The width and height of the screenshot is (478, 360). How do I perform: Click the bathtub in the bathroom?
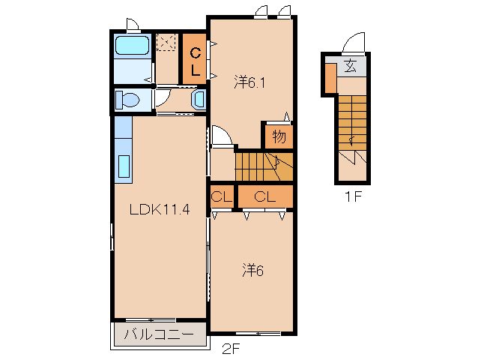133,46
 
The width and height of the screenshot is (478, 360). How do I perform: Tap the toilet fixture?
127,100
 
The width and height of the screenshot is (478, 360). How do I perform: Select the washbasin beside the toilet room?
199,100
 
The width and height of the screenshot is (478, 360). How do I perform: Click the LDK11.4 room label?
160,209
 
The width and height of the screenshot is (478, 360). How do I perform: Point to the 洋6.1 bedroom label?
249,82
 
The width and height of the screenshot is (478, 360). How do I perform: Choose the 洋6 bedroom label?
252,270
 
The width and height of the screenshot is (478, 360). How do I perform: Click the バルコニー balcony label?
159,334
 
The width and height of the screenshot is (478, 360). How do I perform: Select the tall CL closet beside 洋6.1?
194,58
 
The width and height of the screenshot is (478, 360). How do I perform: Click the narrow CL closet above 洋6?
222,196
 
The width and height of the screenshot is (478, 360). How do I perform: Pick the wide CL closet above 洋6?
265,196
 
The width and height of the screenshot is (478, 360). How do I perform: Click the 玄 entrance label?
351,66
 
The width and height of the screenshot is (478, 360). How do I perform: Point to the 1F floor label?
353,196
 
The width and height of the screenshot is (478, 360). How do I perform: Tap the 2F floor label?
231,349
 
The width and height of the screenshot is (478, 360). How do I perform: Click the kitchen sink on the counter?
124,166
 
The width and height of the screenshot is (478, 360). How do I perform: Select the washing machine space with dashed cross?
166,42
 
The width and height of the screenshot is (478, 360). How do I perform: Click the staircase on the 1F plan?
352,123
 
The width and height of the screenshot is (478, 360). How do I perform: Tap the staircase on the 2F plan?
264,166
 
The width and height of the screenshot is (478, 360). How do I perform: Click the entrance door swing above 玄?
354,43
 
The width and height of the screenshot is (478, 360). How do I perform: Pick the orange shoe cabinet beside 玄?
330,78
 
